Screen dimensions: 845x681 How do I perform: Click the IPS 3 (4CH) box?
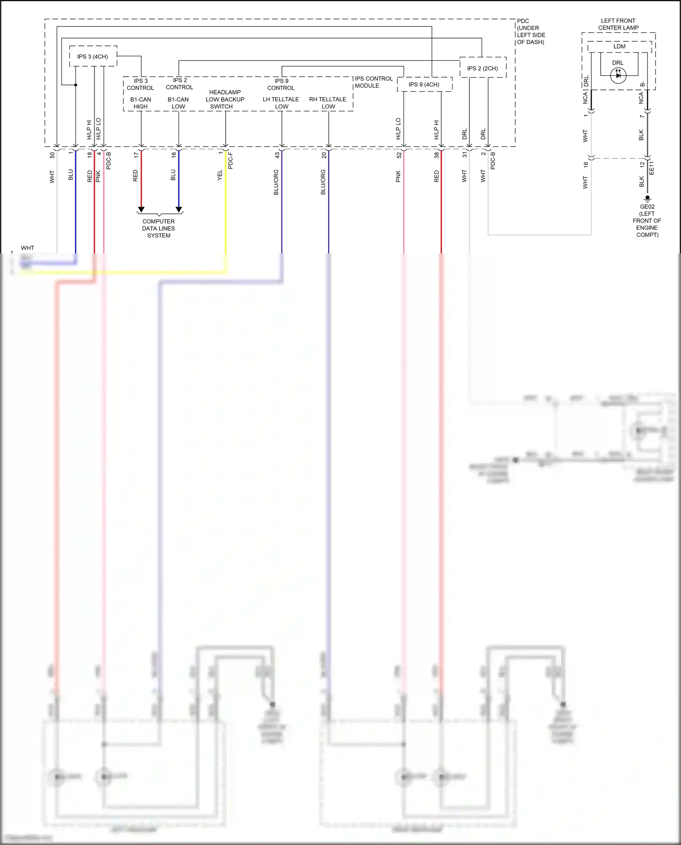click(x=93, y=56)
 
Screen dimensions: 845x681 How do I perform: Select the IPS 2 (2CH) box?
click(x=483, y=68)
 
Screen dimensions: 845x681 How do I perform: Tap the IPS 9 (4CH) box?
click(x=424, y=84)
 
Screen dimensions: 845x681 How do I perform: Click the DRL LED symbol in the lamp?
click(x=618, y=75)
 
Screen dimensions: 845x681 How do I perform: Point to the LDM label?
click(x=619, y=46)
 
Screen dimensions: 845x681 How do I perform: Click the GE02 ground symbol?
click(x=647, y=198)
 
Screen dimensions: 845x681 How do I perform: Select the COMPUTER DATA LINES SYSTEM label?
click(x=158, y=228)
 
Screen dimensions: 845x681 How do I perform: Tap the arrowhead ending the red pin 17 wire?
click(x=141, y=209)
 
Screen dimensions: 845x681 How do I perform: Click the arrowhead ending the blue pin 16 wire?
click(x=179, y=209)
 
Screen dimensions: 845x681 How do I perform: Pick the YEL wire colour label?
click(x=220, y=175)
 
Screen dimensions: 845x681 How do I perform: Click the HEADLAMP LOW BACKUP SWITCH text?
click(x=225, y=99)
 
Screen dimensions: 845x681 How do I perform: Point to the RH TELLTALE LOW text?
click(x=328, y=103)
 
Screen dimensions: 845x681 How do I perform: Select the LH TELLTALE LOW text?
click(x=281, y=103)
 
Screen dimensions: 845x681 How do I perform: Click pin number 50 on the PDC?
click(x=52, y=155)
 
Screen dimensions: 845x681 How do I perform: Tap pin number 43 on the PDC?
click(x=277, y=155)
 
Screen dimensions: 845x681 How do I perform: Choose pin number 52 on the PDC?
click(x=399, y=155)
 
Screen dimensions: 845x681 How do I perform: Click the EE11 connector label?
click(x=652, y=168)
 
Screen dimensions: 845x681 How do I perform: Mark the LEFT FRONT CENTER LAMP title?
click(x=618, y=24)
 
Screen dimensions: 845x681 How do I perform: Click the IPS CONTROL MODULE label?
click(x=373, y=82)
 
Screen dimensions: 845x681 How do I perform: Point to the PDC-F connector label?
click(x=231, y=161)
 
